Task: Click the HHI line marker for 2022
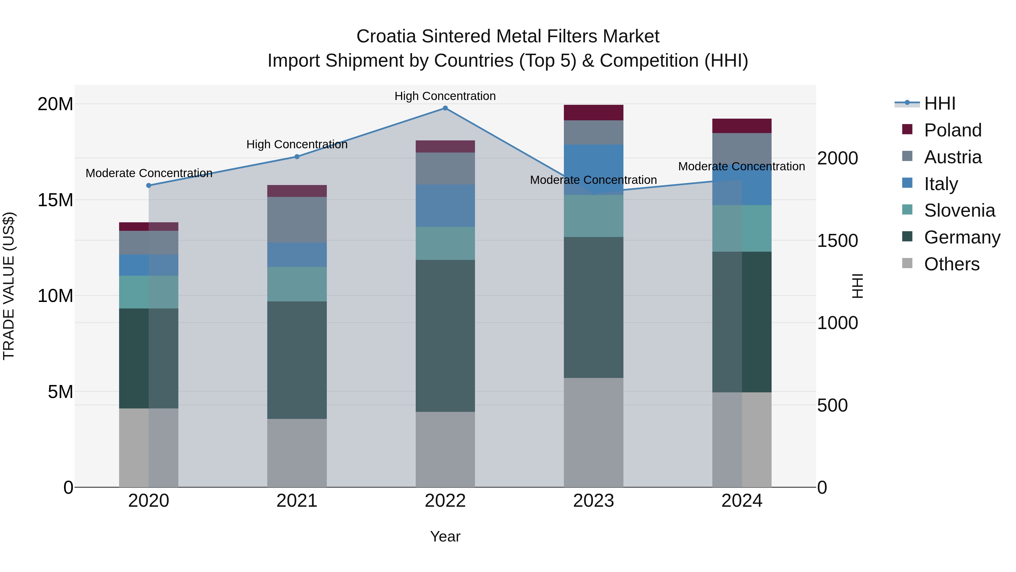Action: [445, 108]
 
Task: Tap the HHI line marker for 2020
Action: [149, 186]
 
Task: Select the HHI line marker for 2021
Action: [297, 157]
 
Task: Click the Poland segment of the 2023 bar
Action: [593, 112]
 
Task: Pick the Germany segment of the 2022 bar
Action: [445, 336]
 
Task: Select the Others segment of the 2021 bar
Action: [297, 453]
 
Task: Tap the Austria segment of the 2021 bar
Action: [297, 219]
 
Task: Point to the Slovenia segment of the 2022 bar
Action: [445, 243]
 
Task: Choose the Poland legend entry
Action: [952, 130]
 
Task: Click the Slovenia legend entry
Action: [959, 210]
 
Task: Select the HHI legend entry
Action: [940, 103]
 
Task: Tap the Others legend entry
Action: [951, 264]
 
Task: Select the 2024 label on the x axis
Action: [741, 501]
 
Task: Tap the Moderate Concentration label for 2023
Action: [593, 180]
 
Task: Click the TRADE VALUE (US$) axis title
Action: [9, 286]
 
